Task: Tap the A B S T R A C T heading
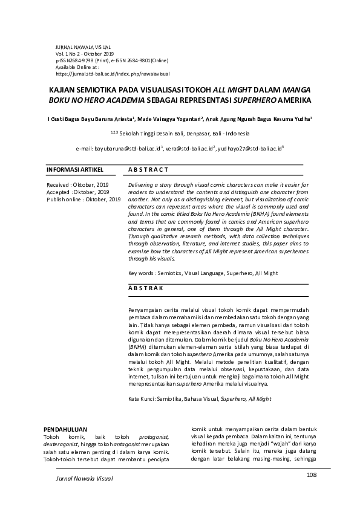coord(148,170)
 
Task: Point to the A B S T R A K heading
coord(146,288)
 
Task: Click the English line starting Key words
coord(203,273)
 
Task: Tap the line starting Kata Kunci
coord(200,399)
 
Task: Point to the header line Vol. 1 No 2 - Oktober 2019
coord(80,53)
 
